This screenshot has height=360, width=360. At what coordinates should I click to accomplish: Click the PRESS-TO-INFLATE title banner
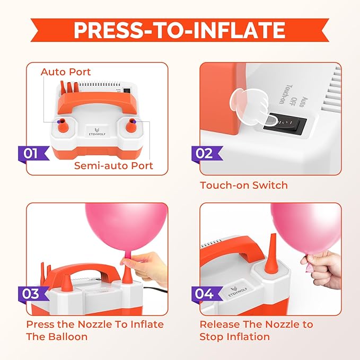click(179, 31)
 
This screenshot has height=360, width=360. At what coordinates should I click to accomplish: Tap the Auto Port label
click(66, 72)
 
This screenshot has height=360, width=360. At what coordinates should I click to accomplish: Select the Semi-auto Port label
click(113, 165)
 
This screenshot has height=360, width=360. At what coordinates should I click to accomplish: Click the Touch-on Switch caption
click(243, 186)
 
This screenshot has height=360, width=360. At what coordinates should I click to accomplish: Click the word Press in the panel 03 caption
click(40, 324)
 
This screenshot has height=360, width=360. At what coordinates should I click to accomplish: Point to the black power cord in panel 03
click(154, 290)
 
